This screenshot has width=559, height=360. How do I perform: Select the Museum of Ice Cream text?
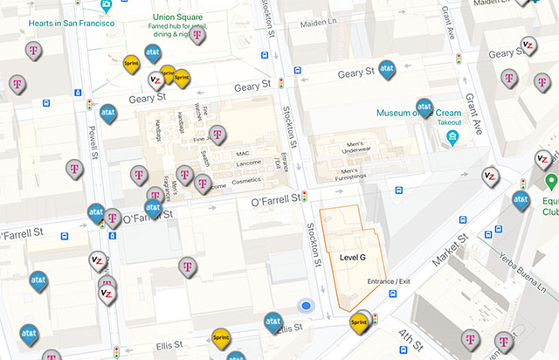pos(418,114)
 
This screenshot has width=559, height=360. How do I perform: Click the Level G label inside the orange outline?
pos(353,258)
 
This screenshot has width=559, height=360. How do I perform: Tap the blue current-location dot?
pos(306,306)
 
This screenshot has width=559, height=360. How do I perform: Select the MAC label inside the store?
pos(243,153)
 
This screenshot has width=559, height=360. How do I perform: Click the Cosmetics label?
pos(246,180)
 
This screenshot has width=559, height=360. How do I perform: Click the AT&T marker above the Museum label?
pos(425,107)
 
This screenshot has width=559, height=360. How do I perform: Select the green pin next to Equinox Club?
pos(551,182)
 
